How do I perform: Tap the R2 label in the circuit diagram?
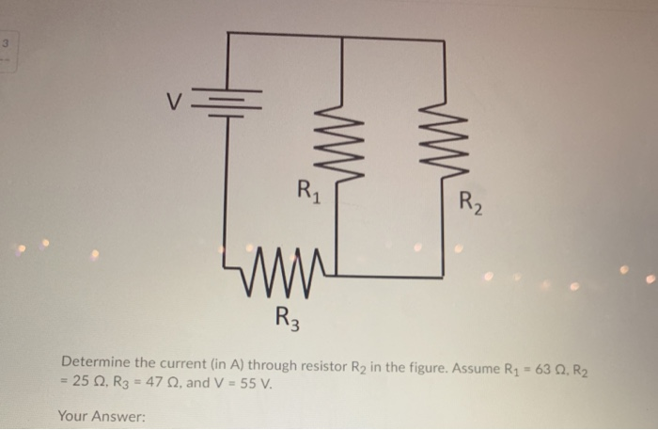pos(471,201)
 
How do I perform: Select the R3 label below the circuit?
pos(288,316)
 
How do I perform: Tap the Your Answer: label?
pos(102,415)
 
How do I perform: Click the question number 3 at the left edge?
pos(6,44)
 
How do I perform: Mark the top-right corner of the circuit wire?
pos(443,40)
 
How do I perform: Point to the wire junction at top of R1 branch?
pos(339,37)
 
